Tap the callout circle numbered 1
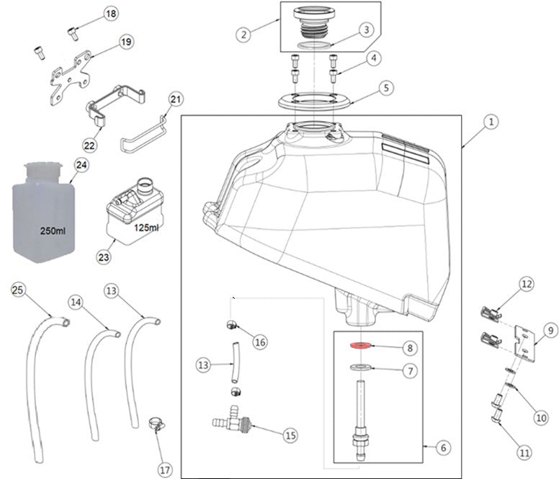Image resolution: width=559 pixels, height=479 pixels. tap(488, 123)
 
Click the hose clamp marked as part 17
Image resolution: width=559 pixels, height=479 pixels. tap(155, 424)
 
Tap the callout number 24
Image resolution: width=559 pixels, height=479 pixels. tap(81, 165)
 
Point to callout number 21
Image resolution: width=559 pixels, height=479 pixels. tap(176, 99)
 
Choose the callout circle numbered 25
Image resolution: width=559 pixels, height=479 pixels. tap(18, 290)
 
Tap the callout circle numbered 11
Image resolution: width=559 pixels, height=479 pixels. tap(523, 452)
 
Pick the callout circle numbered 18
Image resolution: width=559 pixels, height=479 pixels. tap(110, 14)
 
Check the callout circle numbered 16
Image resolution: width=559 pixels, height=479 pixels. tap(260, 342)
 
